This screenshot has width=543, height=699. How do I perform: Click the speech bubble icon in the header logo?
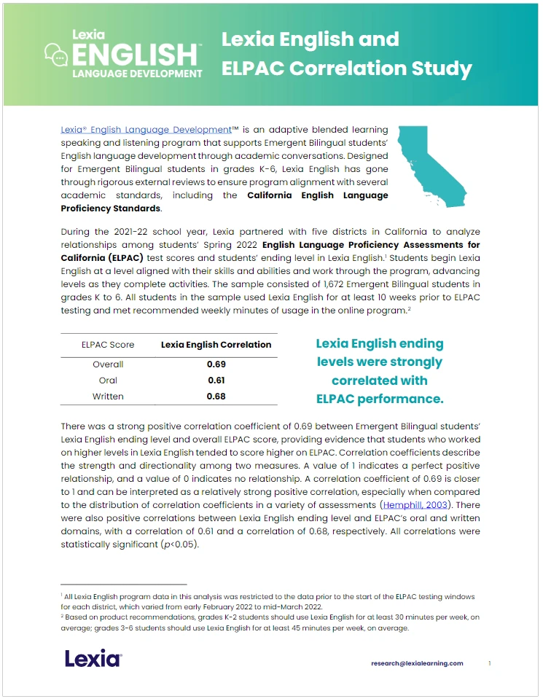click(56, 54)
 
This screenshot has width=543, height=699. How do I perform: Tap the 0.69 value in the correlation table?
click(216, 364)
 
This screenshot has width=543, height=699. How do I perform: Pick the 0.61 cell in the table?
click(216, 380)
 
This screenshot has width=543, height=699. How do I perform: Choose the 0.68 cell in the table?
click(216, 397)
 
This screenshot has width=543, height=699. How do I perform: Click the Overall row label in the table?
click(108, 364)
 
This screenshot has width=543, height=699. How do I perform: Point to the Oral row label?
click(108, 380)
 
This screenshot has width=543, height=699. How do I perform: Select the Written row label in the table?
click(108, 397)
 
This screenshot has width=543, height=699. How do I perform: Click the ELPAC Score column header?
click(108, 345)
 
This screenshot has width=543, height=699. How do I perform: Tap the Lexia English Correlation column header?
click(216, 345)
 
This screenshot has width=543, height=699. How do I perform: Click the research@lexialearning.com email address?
click(417, 663)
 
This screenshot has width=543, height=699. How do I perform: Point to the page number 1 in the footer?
click(490, 663)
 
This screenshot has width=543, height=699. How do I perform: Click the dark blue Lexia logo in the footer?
click(93, 659)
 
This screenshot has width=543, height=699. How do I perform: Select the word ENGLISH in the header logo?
click(135, 55)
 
